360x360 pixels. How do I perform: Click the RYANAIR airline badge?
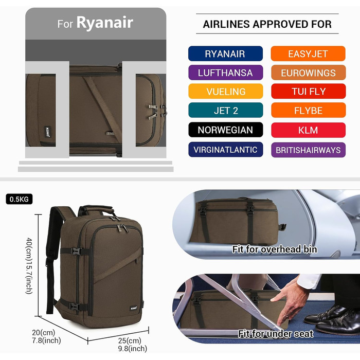coord(225,53)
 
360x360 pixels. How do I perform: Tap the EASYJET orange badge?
coord(308,53)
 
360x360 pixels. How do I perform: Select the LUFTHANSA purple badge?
coord(225,73)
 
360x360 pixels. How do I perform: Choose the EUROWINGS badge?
coord(308,73)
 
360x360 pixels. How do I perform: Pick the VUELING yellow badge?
coord(225,92)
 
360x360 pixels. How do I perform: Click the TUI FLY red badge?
coord(308,92)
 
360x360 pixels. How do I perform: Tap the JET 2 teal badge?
coord(225,110)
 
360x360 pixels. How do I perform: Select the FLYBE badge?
coord(308,110)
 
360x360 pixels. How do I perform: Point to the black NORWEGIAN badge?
coord(225,130)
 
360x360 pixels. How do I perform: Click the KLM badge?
coord(308,130)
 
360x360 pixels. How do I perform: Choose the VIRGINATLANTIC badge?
coord(225,150)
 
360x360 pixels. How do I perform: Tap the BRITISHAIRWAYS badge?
coord(308,150)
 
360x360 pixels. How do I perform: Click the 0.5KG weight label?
coord(19,199)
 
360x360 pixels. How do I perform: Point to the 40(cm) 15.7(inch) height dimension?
coord(29,266)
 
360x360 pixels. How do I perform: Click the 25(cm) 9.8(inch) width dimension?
coord(133,345)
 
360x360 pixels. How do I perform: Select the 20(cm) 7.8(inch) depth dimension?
coord(46,336)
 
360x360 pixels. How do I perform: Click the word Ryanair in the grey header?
coord(105,23)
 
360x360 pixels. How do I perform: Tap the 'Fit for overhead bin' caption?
coord(275,249)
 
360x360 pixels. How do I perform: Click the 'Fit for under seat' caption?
coord(276,334)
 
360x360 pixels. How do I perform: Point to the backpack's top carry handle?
coord(97,209)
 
